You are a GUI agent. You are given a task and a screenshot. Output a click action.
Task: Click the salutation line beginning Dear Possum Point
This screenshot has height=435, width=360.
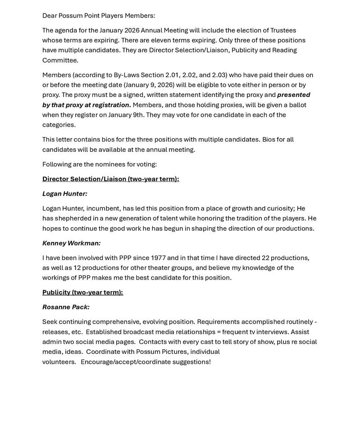click(x=99, y=16)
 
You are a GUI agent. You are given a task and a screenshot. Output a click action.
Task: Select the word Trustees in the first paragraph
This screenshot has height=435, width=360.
click(x=283, y=30)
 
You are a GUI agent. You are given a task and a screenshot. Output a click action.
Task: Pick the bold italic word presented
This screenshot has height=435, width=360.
click(x=293, y=95)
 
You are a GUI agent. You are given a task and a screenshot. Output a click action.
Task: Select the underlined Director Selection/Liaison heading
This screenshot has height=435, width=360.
click(x=110, y=179)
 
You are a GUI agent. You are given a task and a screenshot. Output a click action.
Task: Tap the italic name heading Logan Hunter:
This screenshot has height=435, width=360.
click(x=65, y=194)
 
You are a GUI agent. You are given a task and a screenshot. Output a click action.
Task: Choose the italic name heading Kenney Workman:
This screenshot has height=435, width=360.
click(x=71, y=243)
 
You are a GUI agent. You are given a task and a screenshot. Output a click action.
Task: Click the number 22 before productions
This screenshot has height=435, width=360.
click(x=265, y=258)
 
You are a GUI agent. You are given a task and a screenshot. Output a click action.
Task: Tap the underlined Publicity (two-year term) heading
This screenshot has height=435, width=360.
click(x=82, y=292)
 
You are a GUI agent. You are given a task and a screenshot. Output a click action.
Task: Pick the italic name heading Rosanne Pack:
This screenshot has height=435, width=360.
click(x=66, y=307)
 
